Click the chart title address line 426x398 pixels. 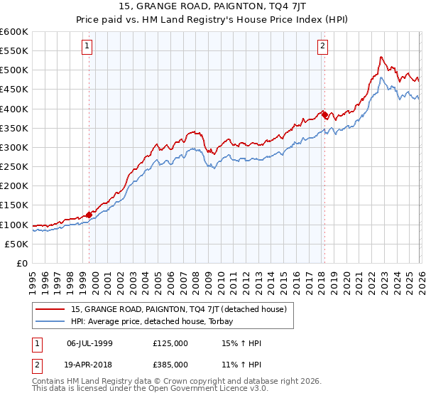(212, 7)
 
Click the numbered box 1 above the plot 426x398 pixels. (87, 46)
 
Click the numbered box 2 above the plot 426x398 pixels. (322, 46)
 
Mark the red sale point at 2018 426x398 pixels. (324, 114)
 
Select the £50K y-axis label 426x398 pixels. (17, 244)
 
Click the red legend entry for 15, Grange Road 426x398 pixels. (179, 309)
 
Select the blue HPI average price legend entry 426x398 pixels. (157, 321)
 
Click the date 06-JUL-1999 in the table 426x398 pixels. (89, 343)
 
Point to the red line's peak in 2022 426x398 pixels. (381, 57)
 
